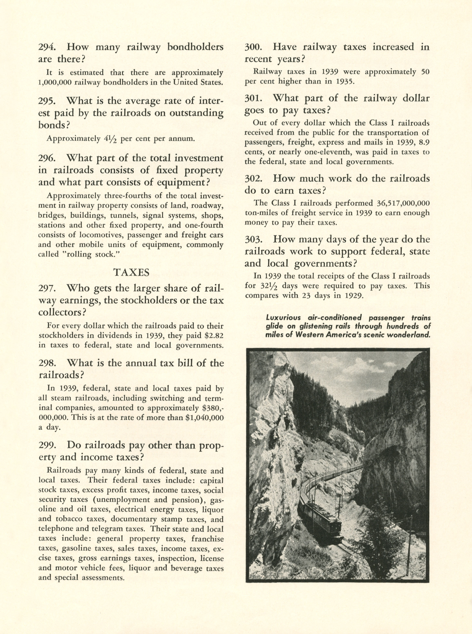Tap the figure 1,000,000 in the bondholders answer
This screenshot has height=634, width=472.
(x=55, y=82)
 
